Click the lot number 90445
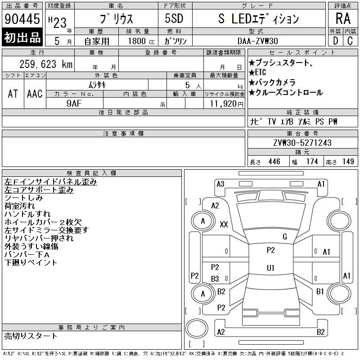22,19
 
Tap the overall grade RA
343,18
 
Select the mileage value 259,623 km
46,64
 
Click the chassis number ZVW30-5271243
302,143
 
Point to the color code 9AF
74,103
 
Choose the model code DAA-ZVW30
257,41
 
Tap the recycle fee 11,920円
227,103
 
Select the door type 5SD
174,18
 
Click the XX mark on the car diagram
224,224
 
